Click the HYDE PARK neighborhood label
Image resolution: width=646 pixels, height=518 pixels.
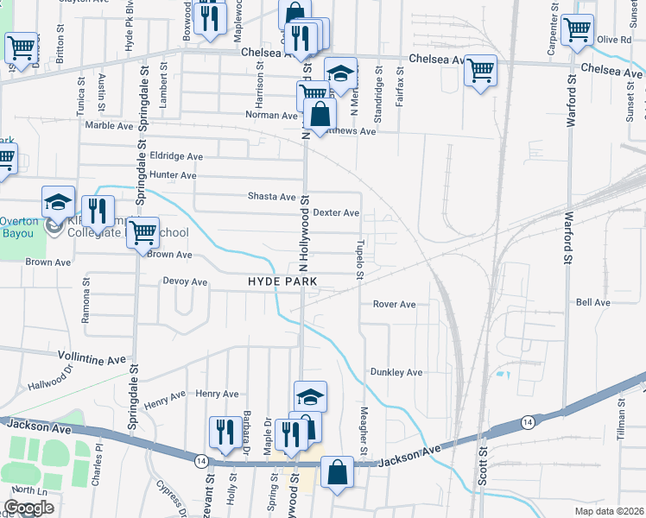[x=282, y=281]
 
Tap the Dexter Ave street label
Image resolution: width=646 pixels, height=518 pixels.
[x=336, y=212]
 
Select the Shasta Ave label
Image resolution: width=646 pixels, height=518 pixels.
[x=272, y=197]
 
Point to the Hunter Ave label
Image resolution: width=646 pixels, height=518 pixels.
[x=175, y=174]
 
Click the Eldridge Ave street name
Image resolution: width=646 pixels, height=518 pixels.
[x=176, y=156]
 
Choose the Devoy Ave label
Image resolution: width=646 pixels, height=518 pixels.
[x=185, y=281]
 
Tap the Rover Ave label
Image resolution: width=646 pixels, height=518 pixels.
[x=395, y=304]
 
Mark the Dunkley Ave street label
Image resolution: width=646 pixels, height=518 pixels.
[x=396, y=372]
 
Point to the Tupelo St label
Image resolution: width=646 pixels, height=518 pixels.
[x=358, y=260]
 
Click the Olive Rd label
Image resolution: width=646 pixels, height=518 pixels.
[x=615, y=40]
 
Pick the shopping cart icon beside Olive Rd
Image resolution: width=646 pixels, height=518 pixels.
[x=576, y=29]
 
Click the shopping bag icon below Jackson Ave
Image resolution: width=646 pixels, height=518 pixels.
[x=337, y=472]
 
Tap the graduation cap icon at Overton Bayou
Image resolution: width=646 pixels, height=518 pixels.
[x=58, y=202]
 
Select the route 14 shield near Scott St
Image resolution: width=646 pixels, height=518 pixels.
[x=527, y=421]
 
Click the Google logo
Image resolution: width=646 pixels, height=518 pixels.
[x=28, y=508]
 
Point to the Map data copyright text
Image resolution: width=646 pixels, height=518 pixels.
[x=610, y=511]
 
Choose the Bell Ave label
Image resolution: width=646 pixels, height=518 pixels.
[x=592, y=303]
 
